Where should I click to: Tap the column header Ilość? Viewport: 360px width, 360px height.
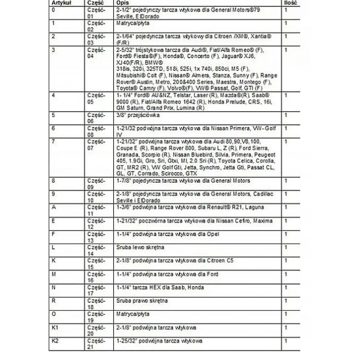click(x=291, y=3)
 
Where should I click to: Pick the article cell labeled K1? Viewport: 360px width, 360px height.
click(x=56, y=328)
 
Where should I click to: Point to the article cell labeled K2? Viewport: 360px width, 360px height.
click(x=56, y=341)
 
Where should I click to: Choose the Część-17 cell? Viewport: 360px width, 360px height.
click(x=96, y=290)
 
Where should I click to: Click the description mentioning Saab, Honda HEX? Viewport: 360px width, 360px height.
click(x=159, y=287)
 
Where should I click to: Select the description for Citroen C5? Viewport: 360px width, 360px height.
click(x=167, y=261)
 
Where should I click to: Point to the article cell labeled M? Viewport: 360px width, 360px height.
click(x=54, y=274)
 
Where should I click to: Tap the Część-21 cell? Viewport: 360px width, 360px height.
click(x=96, y=344)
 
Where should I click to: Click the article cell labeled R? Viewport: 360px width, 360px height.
click(x=53, y=301)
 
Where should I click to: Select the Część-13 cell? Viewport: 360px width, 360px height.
click(x=96, y=237)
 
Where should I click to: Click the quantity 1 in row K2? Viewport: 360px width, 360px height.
click(x=286, y=341)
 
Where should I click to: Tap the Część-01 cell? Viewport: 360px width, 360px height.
click(x=96, y=13)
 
